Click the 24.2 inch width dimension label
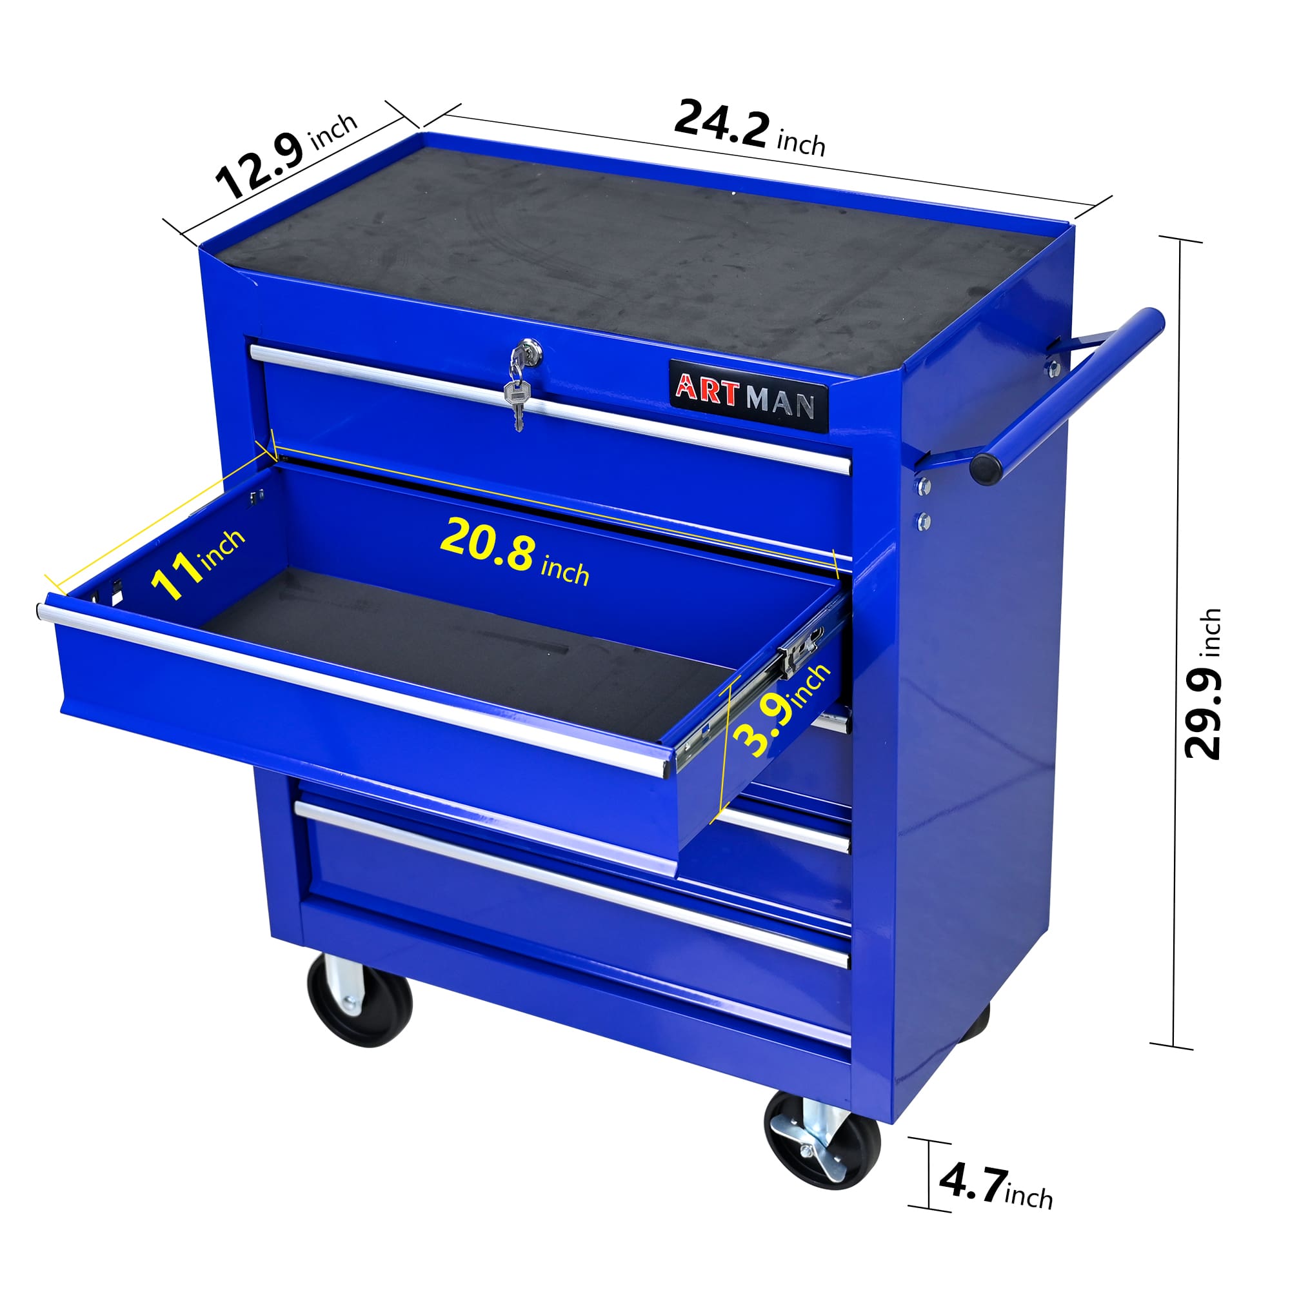tap(748, 130)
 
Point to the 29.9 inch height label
tap(1202, 684)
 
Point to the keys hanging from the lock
tap(518, 398)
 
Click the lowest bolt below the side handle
tap(924, 520)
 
